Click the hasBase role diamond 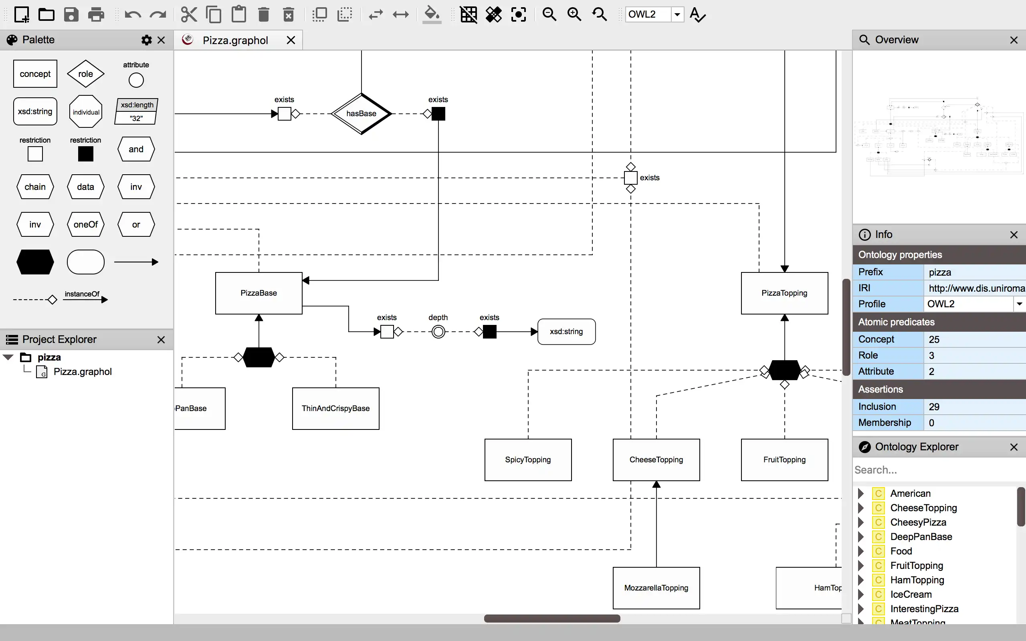361,114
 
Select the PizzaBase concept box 259,293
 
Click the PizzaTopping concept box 784,293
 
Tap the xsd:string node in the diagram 566,332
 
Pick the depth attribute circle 438,332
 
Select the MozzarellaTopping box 656,588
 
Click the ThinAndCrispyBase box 335,408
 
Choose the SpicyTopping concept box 527,460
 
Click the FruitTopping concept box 784,460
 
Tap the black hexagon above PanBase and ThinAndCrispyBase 259,357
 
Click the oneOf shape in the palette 85,225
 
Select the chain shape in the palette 35,187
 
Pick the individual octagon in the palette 86,112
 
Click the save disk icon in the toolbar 71,15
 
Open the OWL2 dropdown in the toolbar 677,14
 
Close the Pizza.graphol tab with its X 291,40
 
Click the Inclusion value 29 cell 973,407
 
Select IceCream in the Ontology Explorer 911,595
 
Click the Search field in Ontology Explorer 933,470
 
